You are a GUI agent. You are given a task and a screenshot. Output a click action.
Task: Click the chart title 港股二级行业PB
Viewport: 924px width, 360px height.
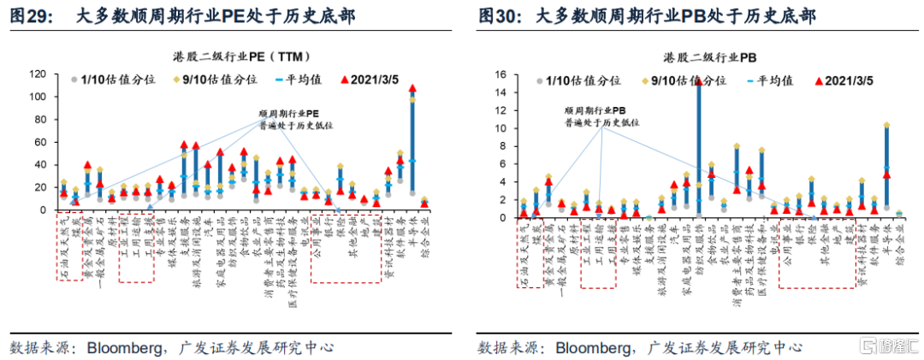click(704, 58)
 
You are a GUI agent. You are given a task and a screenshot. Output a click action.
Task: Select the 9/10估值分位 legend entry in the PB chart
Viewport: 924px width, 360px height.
click(682, 80)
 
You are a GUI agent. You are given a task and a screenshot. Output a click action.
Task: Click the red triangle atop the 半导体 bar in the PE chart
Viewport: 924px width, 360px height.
click(412, 88)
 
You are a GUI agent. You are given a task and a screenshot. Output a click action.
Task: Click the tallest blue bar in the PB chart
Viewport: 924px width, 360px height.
click(699, 145)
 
